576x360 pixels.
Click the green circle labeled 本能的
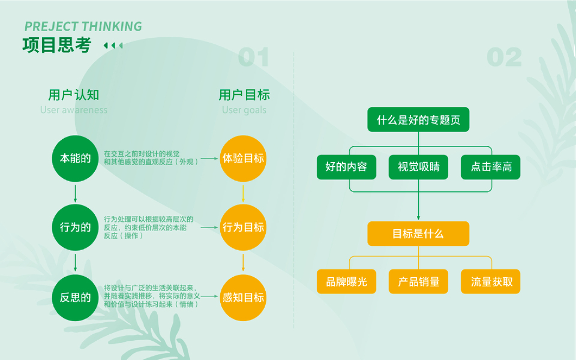point(75,158)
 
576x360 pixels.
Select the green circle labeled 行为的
point(75,227)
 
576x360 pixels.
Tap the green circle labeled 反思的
point(75,298)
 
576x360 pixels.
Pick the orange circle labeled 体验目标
point(243,158)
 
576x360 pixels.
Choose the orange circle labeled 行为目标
point(243,227)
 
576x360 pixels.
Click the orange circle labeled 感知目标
point(243,298)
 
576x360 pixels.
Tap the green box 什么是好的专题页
point(418,120)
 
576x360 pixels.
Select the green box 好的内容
point(346,167)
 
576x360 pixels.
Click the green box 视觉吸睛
point(418,167)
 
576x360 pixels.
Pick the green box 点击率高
point(491,167)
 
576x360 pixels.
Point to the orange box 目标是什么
point(418,233)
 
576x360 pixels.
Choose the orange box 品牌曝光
point(346,281)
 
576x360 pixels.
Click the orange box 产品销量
point(418,281)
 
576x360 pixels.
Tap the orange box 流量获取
point(491,281)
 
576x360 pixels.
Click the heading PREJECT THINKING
point(83,26)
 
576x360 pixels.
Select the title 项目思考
point(57,45)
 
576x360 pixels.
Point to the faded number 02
point(504,58)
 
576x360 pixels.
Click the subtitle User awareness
point(74,110)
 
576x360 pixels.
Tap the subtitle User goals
point(244,110)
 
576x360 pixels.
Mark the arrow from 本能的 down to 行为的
point(75,192)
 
